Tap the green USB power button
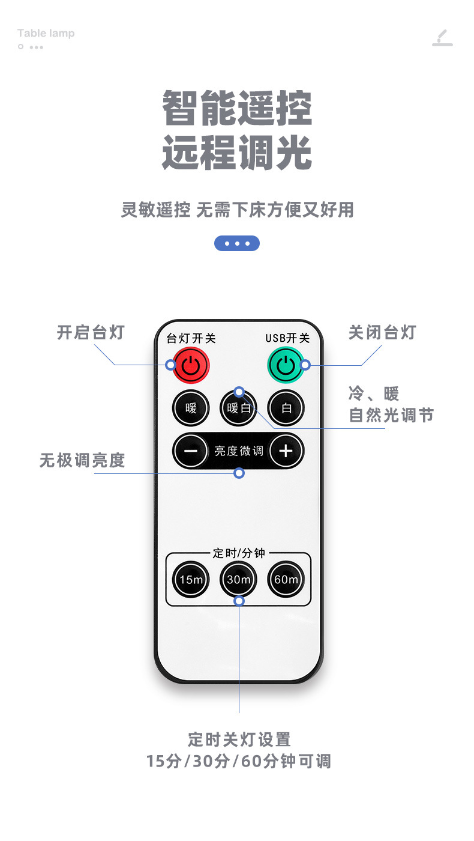tap(286, 365)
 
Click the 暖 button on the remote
tap(191, 408)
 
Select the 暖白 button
tap(238, 408)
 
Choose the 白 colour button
tap(286, 408)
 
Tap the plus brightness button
tap(286, 451)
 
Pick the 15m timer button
tap(191, 580)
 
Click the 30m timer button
tap(238, 580)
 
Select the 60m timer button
tap(286, 580)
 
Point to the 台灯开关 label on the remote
tap(191, 339)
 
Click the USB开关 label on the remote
tap(287, 339)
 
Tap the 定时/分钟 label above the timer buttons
tap(239, 553)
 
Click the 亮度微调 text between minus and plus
tap(239, 451)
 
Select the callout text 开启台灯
tap(90, 332)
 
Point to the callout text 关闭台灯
tap(382, 332)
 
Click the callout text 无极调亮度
tap(82, 461)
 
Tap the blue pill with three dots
tap(237, 243)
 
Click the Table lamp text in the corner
tap(46, 33)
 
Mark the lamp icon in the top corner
tap(443, 37)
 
